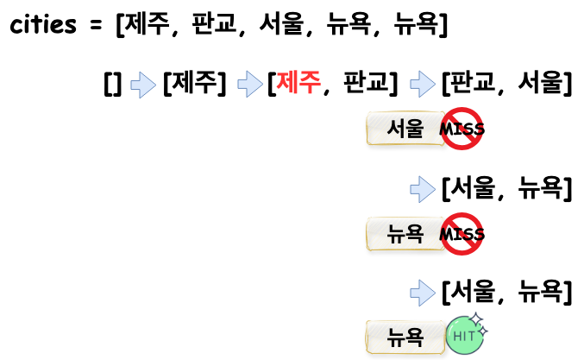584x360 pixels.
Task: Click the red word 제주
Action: (298, 82)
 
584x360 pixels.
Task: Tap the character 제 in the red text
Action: (287, 82)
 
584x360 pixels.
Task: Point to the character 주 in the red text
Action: (310, 82)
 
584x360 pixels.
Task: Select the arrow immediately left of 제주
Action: (249, 84)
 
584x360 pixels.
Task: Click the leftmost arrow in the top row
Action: (142, 85)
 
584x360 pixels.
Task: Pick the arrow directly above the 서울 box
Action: (422, 84)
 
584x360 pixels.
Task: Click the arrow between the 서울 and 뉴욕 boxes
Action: (422, 189)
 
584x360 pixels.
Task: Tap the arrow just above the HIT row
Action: (422, 293)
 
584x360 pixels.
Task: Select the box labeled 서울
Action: (405, 129)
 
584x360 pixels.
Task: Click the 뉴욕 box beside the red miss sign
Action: (405, 233)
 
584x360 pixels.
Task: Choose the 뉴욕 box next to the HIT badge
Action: (405, 337)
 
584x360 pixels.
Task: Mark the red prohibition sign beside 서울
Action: (462, 129)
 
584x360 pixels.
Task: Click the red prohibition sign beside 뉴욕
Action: (462, 233)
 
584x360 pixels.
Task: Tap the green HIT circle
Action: (464, 336)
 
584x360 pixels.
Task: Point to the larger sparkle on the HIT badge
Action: (475, 319)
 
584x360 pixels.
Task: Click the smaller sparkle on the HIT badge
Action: (483, 331)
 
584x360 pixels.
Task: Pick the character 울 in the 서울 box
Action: (414, 129)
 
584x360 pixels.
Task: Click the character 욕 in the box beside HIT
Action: (414, 337)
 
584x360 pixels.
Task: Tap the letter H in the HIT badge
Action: (456, 336)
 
